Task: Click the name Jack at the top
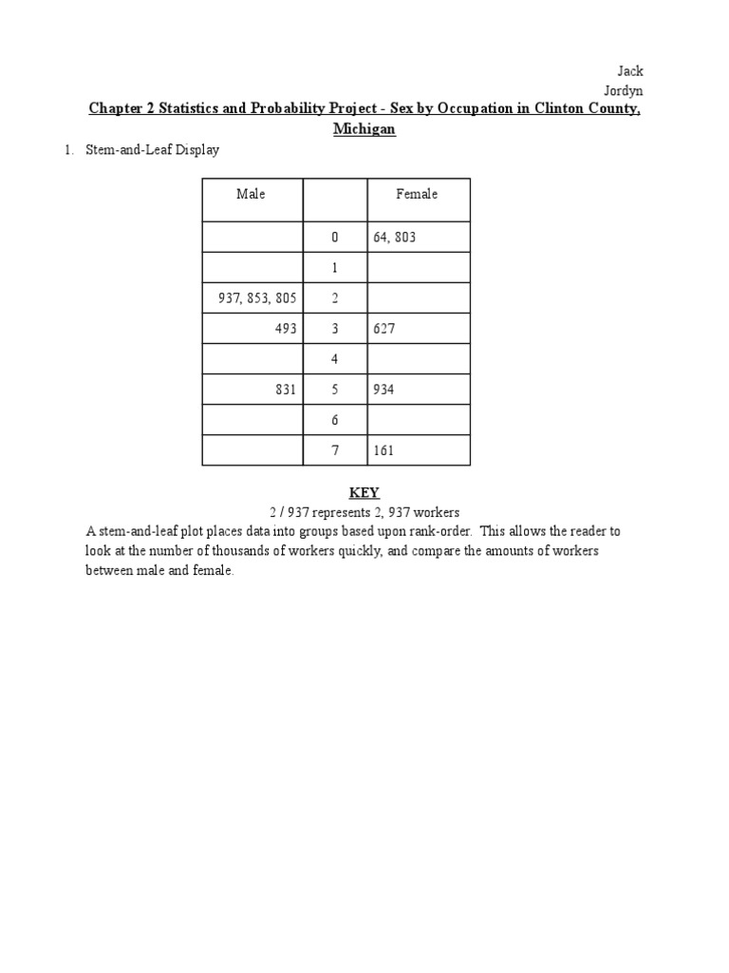tap(630, 72)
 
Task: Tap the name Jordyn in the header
tap(624, 90)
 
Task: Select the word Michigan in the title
tap(364, 128)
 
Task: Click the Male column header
tap(252, 194)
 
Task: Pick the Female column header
tap(417, 194)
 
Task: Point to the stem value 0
tap(334, 238)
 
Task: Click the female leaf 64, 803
tap(395, 238)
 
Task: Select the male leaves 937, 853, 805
tap(257, 298)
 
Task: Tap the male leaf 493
tap(286, 329)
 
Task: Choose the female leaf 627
tap(383, 329)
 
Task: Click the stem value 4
tap(334, 359)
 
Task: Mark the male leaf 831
tap(286, 390)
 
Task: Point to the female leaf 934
tap(383, 390)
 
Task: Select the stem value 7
tap(334, 450)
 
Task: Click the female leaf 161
tap(383, 450)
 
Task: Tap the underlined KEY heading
tap(364, 493)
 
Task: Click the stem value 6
tap(334, 420)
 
